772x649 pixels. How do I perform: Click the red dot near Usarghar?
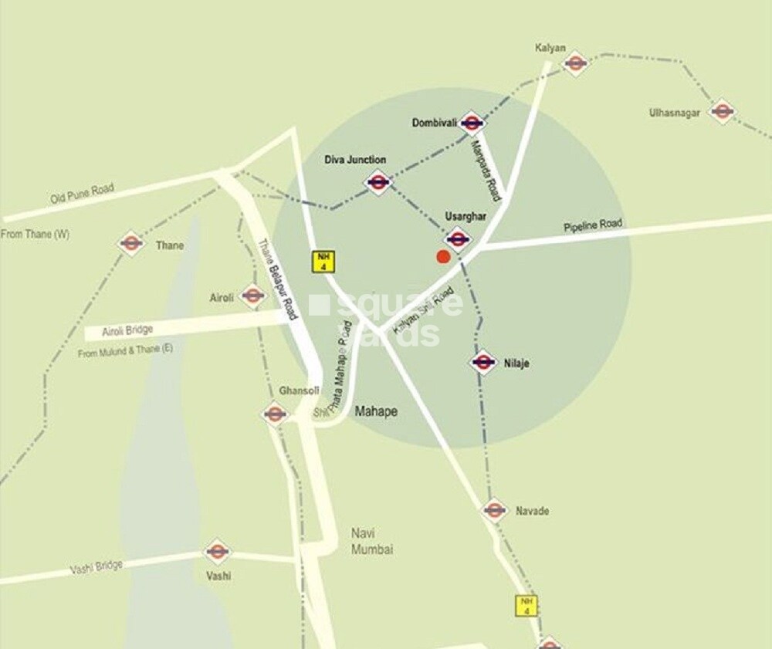[x=443, y=257]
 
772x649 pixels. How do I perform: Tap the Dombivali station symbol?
[x=472, y=123]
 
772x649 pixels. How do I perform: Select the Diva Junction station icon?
[x=378, y=182]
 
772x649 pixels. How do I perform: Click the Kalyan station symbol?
[x=576, y=63]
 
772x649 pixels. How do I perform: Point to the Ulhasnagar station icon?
[x=722, y=112]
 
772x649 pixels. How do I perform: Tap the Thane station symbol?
[x=131, y=244]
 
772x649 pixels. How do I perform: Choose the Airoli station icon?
[x=252, y=295]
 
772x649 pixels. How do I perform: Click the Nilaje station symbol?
[x=483, y=362]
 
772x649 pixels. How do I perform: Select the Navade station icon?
[x=494, y=510]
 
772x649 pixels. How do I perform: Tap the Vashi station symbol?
[x=218, y=552]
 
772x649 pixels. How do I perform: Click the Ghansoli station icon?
[x=276, y=414]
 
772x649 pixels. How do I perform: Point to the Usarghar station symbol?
[x=458, y=238]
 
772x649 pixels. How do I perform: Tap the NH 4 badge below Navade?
[x=527, y=606]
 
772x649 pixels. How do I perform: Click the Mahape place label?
[x=376, y=411]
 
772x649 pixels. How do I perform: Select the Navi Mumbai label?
[x=372, y=541]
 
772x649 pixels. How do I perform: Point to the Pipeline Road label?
[x=592, y=225]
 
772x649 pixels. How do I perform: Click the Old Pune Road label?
[x=82, y=193]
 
